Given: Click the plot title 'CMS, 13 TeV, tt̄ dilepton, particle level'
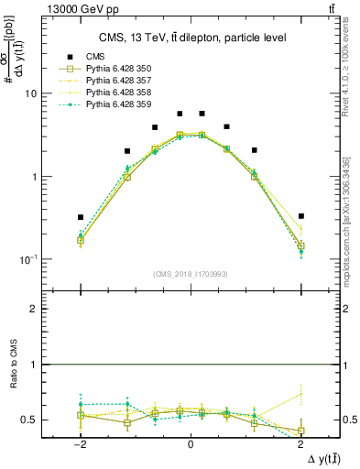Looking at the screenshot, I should (x=191, y=38).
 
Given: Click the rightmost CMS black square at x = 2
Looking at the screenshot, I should (x=300, y=216).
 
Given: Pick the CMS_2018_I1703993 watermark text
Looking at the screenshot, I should (x=190, y=274).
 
